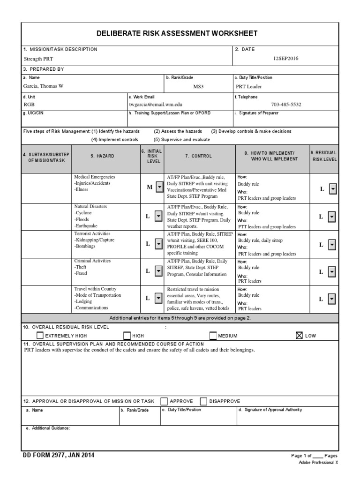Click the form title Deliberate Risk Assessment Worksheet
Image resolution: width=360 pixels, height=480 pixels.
coord(177,33)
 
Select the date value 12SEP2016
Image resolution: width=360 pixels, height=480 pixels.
coord(285,59)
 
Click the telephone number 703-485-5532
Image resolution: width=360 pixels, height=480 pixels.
coord(286,105)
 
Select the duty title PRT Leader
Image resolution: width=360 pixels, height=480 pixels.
coord(249,86)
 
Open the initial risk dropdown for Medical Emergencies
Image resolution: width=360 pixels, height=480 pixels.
coord(158,187)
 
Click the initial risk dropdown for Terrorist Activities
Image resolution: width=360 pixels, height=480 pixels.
coord(158,244)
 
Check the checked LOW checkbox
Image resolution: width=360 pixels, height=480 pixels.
coord(300,335)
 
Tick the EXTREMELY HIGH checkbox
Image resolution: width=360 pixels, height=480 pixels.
coord(40,335)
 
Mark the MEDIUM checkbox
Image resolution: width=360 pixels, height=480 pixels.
coord(213,335)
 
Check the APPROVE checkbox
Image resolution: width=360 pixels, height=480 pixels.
coord(164,401)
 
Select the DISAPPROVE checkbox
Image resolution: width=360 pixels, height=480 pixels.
coord(203,401)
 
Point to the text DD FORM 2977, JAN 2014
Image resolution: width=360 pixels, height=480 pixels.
coord(61,455)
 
